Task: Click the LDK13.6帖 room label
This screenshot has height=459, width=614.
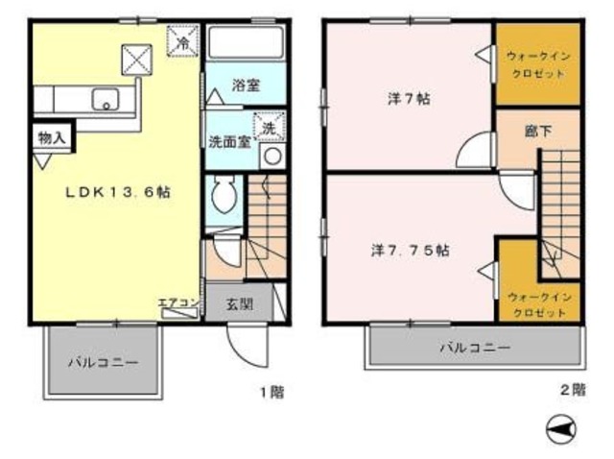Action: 117,192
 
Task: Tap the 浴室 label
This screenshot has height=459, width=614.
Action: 246,85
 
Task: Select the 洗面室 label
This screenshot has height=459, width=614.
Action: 229,140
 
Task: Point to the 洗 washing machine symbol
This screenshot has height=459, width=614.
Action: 269,127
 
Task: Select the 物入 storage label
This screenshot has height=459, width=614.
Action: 52,138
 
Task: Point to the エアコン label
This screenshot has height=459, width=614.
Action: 179,304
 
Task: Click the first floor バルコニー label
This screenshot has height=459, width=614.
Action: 103,363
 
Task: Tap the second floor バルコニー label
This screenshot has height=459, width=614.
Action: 475,347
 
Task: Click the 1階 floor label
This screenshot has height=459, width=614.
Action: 271,391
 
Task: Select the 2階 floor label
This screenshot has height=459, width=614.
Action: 572,389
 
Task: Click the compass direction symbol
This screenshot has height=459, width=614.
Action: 559,428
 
